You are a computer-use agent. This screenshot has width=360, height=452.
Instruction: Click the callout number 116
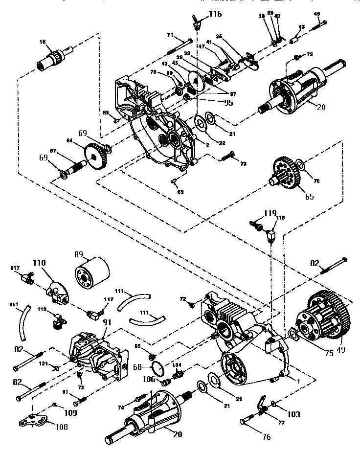pos(215,14)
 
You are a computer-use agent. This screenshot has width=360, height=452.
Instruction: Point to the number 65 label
pos(309,197)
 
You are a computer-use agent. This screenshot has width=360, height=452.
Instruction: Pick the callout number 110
pos(39,263)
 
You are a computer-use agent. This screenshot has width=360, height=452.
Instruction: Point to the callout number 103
pos(293,414)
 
